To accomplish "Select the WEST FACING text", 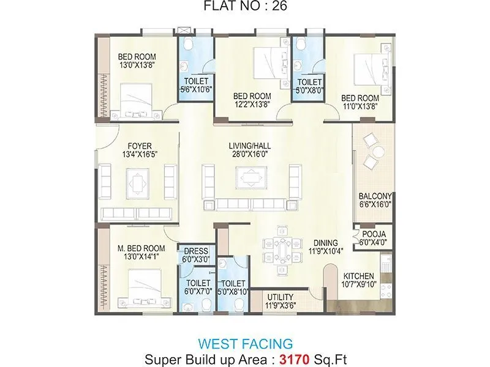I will coord(244,343).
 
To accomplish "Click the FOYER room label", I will coord(136,146).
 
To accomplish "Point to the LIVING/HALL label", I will coord(250,146).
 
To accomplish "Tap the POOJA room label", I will coord(374,234).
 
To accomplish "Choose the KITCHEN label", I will coord(359,275).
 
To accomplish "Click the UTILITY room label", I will coord(279,297).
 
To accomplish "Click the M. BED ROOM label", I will coord(141,248).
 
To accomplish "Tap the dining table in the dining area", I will coord(282,249).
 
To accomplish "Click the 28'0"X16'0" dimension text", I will coord(250,155).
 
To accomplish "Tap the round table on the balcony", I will coord(379,151).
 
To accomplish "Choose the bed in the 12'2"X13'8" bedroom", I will coord(267,61).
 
